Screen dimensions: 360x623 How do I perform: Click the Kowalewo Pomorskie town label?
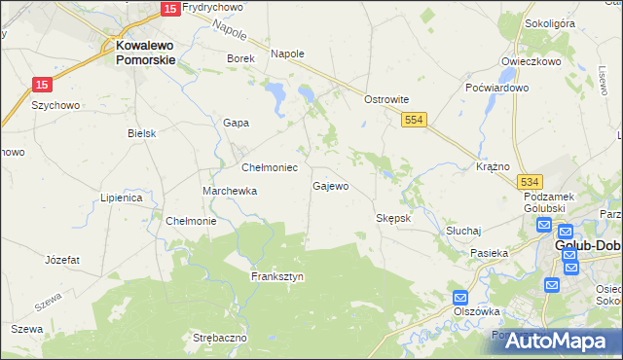pyautogui.click(x=145, y=52)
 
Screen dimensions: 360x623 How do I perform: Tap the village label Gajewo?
pyautogui.click(x=330, y=186)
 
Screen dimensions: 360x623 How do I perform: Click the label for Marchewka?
pyautogui.click(x=230, y=191)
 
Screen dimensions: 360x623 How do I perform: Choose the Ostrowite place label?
pyautogui.click(x=385, y=99)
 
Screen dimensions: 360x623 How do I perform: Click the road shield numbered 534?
pyautogui.click(x=530, y=182)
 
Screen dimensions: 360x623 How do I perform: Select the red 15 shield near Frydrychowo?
pyautogui.click(x=169, y=8)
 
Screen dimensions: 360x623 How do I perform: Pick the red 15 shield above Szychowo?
pyautogui.click(x=41, y=85)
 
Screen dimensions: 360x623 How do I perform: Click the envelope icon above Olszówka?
pyautogui.click(x=460, y=297)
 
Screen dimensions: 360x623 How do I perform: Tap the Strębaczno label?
pyautogui.click(x=220, y=337)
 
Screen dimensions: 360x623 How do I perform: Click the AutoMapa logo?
pyautogui.click(x=555, y=341)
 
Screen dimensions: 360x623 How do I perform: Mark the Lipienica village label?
pyautogui.click(x=122, y=198)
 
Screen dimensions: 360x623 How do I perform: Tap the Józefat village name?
pyautogui.click(x=62, y=260)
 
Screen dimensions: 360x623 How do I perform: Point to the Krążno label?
pyautogui.click(x=494, y=166)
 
